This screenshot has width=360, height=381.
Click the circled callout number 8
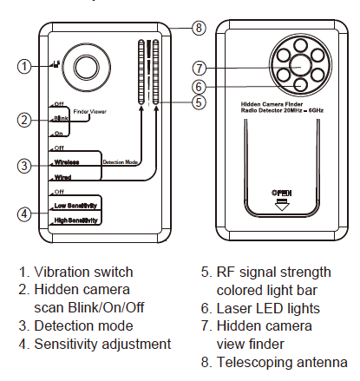pos(199,28)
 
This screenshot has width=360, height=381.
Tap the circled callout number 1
pos(24,66)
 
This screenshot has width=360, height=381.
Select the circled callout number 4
pos(24,214)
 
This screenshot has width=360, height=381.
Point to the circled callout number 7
pos(200,69)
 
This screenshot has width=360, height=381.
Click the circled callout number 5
pos(199,102)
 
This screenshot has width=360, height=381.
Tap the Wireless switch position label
pos(67,162)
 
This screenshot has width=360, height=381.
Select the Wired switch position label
pos(62,177)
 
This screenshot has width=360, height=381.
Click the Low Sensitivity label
pos(75,206)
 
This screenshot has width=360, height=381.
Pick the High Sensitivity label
pos(76,220)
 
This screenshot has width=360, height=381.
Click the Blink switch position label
pos(62,118)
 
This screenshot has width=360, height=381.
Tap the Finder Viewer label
pos(89,112)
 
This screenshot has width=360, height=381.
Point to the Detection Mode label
pos(121,162)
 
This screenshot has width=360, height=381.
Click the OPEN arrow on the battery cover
pos(282,205)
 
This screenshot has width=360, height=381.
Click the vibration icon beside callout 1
pos(56,64)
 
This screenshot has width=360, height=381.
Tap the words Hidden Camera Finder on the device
pos(272,104)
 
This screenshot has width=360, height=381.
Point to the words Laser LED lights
pos(268,309)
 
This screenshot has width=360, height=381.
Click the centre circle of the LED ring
pos(300,66)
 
